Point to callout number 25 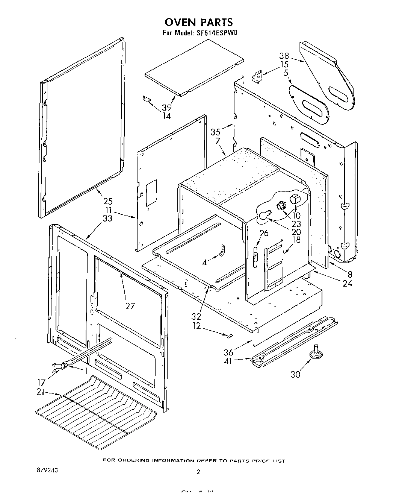tap(107, 201)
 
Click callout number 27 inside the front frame tap(130, 306)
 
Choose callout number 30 tap(295, 375)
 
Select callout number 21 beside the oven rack tap(41, 392)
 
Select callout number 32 tap(196, 316)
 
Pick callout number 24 tap(348, 283)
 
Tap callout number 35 tap(215, 132)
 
